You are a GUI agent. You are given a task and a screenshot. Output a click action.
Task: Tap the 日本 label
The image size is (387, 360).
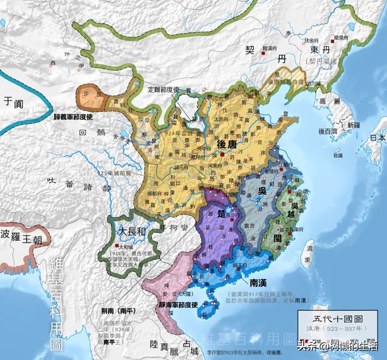pyautogui.click(x=377, y=137)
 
